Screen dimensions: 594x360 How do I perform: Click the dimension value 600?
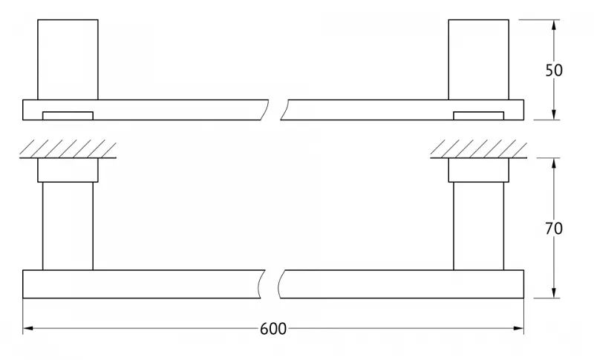pyautogui.click(x=273, y=329)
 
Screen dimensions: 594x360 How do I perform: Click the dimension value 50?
pyautogui.click(x=554, y=71)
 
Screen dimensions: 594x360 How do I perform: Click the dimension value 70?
pyautogui.click(x=554, y=229)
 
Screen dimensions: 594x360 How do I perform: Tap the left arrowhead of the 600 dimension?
pyautogui.click(x=28, y=328)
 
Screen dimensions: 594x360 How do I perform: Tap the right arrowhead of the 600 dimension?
pyautogui.click(x=518, y=328)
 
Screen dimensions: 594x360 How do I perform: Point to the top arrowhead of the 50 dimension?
pyautogui.click(x=554, y=25)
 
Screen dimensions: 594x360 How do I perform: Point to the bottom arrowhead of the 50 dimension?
pyautogui.click(x=554, y=115)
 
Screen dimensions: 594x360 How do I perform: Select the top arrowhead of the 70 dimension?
pyautogui.click(x=554, y=163)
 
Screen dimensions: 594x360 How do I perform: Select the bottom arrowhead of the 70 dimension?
pyautogui.click(x=554, y=292)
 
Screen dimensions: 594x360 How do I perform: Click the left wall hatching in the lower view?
pyautogui.click(x=68, y=148)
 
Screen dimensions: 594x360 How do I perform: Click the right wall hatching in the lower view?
pyautogui.click(x=478, y=148)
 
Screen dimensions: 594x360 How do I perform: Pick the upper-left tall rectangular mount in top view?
pyautogui.click(x=68, y=60)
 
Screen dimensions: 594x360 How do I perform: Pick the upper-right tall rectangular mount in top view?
pyautogui.click(x=478, y=60)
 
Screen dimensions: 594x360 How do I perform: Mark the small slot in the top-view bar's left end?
pyautogui.click(x=68, y=116)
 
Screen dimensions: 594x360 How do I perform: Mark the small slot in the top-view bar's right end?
pyautogui.click(x=478, y=116)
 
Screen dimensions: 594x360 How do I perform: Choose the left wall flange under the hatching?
pyautogui.click(x=68, y=170)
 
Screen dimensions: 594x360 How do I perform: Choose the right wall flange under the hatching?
pyautogui.click(x=478, y=170)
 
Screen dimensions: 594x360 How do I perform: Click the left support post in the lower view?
pyautogui.click(x=68, y=226)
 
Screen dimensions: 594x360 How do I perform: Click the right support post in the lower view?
pyautogui.click(x=478, y=226)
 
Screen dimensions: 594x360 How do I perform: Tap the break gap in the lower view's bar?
pyautogui.click(x=272, y=284)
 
